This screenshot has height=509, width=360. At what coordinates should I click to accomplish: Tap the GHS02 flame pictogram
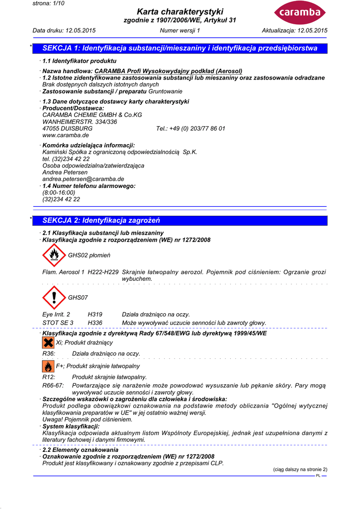54,255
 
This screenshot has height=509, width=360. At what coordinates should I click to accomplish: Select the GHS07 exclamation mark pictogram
54,297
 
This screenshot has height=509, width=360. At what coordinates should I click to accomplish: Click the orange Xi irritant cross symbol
48,342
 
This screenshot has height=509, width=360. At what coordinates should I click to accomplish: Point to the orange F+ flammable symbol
48,366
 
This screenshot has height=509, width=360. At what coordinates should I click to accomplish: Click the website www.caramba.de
66,135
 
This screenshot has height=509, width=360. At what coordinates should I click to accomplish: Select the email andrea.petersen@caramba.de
83,179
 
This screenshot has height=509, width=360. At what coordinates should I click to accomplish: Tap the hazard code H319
95,315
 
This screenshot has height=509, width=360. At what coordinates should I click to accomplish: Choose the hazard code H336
95,323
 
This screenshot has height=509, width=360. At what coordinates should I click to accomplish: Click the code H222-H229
103,272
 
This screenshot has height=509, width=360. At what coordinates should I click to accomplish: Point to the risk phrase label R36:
49,353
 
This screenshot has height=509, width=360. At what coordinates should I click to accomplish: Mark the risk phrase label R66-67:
53,385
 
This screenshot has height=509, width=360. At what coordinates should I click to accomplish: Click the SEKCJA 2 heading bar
184,220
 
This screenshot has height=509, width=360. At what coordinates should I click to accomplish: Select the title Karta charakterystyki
180,11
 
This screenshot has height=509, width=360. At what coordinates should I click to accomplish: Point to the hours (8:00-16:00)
59,192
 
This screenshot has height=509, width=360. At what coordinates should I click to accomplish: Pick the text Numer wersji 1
180,31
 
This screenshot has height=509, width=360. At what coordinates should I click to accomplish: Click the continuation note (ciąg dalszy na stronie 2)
300,469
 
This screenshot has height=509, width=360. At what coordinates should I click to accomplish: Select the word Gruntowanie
166,91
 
